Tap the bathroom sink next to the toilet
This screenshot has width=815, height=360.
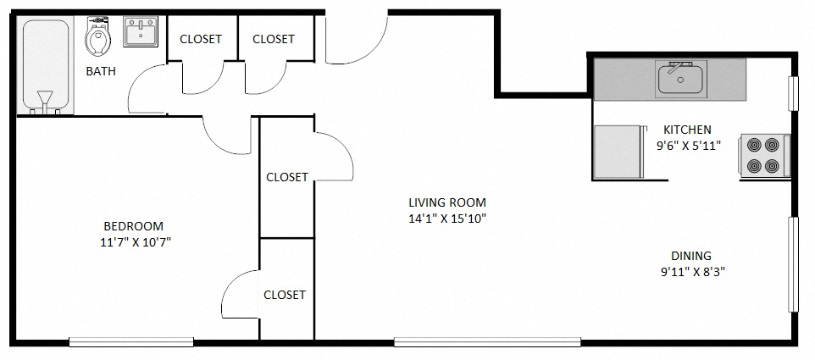(139, 35)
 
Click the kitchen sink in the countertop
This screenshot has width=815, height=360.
(681, 80)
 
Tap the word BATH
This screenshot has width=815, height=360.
(101, 72)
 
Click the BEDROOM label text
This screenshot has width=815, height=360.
(133, 226)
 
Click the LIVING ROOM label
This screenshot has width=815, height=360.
(447, 202)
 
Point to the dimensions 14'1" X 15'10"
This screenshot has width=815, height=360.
(447, 219)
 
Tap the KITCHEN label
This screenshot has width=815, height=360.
(687, 130)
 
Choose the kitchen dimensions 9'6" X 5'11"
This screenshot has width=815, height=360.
(688, 145)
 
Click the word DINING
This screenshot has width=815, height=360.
(690, 256)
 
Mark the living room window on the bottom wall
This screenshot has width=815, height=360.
(487, 342)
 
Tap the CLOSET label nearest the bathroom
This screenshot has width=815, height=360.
(201, 39)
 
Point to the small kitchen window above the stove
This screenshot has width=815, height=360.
(794, 93)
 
